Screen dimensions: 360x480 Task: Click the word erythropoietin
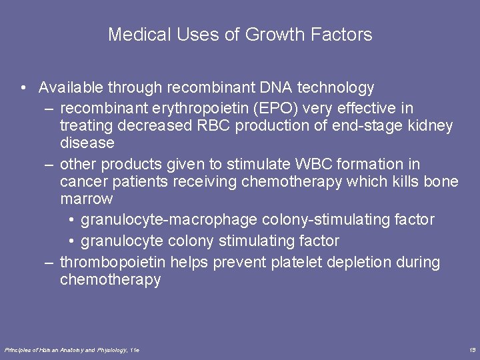pos(182,108)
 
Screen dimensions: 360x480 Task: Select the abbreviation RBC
pos(209,125)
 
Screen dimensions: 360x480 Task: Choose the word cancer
pos(82,182)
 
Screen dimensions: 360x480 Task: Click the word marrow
pos(87,199)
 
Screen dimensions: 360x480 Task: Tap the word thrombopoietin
pos(114,263)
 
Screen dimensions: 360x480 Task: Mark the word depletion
pos(360,263)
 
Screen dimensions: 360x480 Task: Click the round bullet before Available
pos(23,88)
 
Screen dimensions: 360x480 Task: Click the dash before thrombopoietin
pos(49,263)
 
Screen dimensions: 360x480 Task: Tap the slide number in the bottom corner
pos(471,350)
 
